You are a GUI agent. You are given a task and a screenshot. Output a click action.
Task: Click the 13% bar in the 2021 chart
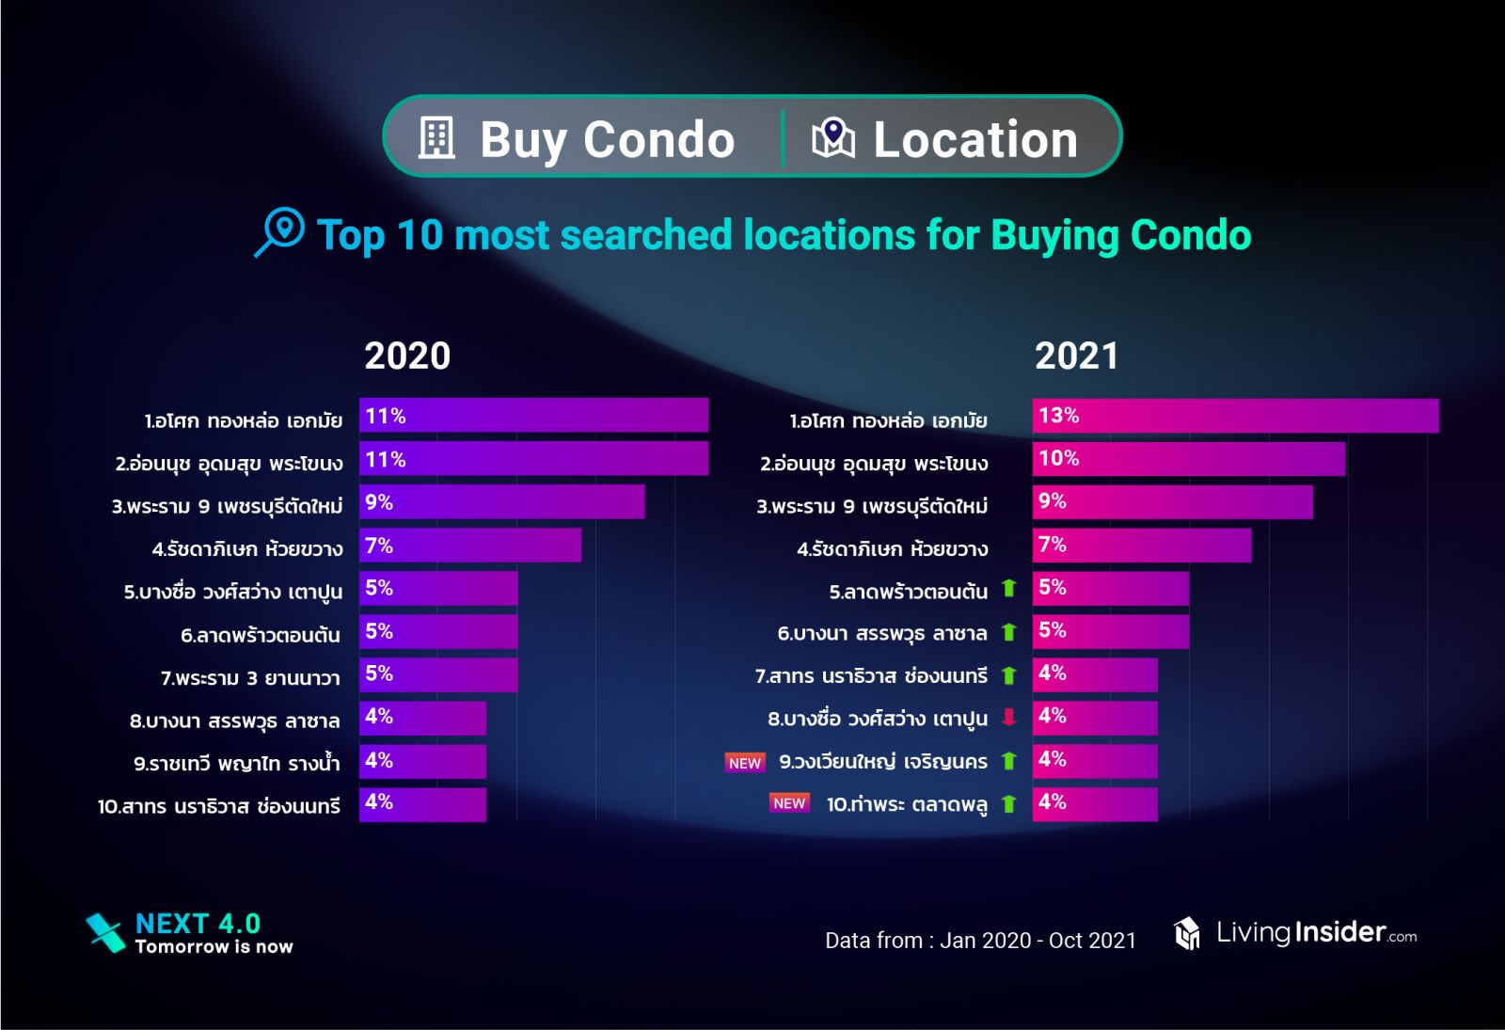pyautogui.click(x=1234, y=416)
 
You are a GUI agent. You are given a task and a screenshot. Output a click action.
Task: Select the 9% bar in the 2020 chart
pyautogui.click(x=501, y=502)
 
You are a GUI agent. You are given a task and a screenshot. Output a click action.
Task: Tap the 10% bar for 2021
pyautogui.click(x=1188, y=459)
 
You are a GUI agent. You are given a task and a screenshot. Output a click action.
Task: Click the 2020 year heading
pyautogui.click(x=407, y=357)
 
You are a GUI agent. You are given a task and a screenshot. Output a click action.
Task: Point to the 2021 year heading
pyautogui.click(x=1076, y=357)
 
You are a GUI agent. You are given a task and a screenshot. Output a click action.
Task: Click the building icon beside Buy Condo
pyautogui.click(x=436, y=138)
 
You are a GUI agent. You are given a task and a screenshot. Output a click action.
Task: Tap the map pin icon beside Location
pyautogui.click(x=832, y=138)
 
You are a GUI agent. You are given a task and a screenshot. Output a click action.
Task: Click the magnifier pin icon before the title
pyautogui.click(x=280, y=231)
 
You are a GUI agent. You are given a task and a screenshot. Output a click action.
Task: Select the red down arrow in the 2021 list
pyautogui.click(x=1009, y=718)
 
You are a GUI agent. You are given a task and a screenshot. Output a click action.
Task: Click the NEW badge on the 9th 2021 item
pyautogui.click(x=745, y=763)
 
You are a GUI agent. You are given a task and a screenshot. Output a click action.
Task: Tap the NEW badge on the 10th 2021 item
pyautogui.click(x=789, y=803)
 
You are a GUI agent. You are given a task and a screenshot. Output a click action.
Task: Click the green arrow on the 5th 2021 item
pyautogui.click(x=1009, y=589)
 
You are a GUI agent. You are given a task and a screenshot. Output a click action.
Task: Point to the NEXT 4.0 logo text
pyautogui.click(x=198, y=924)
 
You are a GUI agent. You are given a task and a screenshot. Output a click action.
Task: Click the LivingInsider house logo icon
pyautogui.click(x=1187, y=933)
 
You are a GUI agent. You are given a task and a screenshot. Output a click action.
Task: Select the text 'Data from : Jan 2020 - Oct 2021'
pyautogui.click(x=980, y=941)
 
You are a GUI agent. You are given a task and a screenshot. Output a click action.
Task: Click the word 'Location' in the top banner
pyautogui.click(x=975, y=140)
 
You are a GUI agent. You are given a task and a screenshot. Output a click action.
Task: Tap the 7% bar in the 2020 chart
pyautogui.click(x=469, y=546)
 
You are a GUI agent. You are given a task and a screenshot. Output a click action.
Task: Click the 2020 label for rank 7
pyautogui.click(x=250, y=678)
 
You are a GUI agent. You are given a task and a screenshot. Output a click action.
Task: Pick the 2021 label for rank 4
pyautogui.click(x=892, y=549)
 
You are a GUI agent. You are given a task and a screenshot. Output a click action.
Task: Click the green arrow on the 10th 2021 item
pyautogui.click(x=1009, y=804)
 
